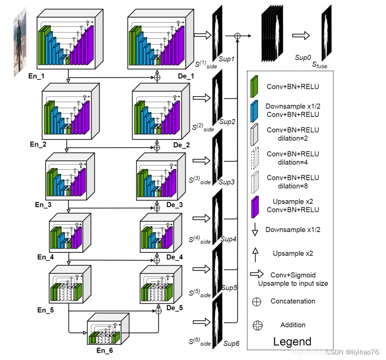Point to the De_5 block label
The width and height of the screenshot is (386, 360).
coord(175,307)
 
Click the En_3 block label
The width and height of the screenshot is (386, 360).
coord(44,204)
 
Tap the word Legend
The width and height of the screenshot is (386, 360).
coord(292,342)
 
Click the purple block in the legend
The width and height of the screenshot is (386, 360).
coord(254,206)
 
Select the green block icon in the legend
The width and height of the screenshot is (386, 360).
coord(254,87)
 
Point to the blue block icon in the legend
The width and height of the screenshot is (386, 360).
coord(254,110)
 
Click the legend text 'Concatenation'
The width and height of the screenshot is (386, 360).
coord(293,301)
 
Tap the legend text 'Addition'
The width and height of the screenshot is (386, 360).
coord(293,325)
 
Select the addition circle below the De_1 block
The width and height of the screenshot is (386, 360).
coord(157,77)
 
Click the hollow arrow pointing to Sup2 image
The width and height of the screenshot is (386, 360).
coord(201,98)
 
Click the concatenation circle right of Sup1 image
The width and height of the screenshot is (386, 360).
coord(238,36)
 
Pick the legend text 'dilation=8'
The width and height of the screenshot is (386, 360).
coord(293,186)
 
